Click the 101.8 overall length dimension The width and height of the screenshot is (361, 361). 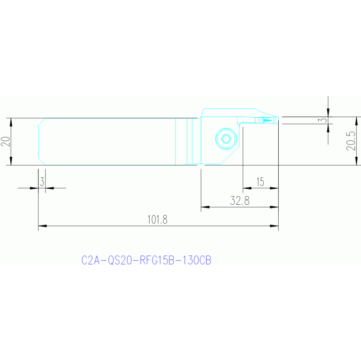pos(157,220)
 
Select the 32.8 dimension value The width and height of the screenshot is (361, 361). pos(240,201)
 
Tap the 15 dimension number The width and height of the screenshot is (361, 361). pos(260,182)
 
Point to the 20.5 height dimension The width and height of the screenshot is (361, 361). pos(351,141)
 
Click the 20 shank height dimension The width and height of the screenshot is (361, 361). pos(6,141)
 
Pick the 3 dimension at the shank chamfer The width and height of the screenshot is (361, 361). pos(42,182)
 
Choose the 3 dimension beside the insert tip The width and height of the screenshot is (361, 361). pos(324,120)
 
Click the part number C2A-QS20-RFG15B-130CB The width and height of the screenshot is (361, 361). pos(146,260)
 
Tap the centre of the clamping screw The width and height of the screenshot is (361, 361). pos(226,138)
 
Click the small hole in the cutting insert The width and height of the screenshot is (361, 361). pos(259,120)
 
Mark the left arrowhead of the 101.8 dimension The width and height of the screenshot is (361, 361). pos(42,226)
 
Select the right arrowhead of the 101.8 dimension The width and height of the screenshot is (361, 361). pos(274,226)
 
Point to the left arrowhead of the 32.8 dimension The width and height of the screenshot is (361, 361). pos(205,207)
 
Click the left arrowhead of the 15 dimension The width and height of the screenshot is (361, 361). pos(247,188)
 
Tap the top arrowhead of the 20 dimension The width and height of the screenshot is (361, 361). pos(11,122)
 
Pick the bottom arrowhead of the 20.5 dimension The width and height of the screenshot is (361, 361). pos(357,160)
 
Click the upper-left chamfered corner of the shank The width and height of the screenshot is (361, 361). pos(42,122)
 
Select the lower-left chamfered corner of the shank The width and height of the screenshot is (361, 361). pos(42,161)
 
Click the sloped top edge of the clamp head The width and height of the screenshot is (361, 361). pos(266,112)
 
